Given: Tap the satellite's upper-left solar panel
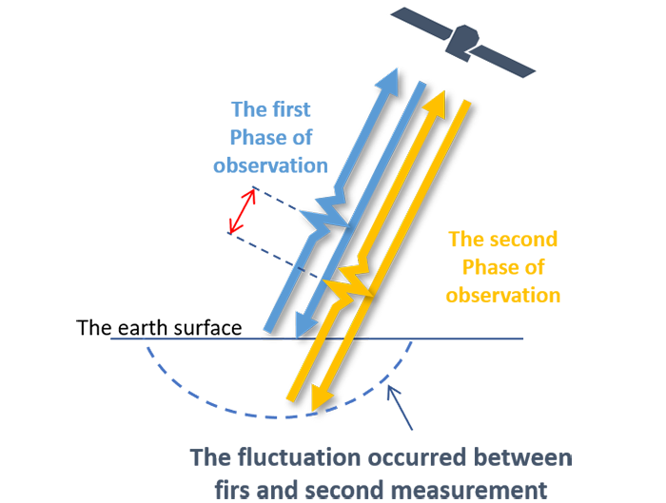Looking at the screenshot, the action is tap(421, 23).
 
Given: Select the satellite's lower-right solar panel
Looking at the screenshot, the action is tap(503, 61).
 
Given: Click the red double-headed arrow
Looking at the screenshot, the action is tap(242, 211).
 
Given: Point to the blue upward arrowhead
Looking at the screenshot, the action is tap(388, 83).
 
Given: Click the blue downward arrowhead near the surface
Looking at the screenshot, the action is tap(305, 325).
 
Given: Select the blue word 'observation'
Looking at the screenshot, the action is tap(270, 165).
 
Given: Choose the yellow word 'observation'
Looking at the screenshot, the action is tap(503, 296).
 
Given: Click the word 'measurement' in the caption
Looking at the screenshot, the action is tap(469, 491).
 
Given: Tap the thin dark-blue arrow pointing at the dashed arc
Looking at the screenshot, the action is tap(400, 408).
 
